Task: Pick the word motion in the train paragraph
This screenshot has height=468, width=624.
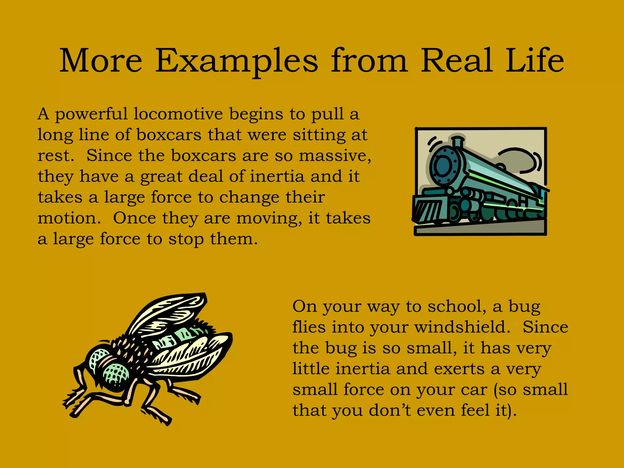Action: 69,218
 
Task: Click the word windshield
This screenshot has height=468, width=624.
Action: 462,328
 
